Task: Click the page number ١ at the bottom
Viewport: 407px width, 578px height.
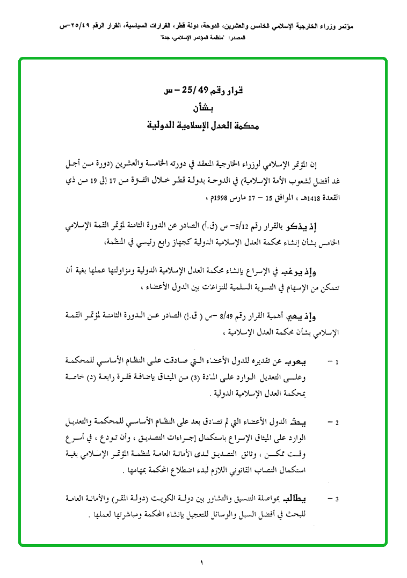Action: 202,563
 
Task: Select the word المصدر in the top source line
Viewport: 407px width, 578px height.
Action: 236,39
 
